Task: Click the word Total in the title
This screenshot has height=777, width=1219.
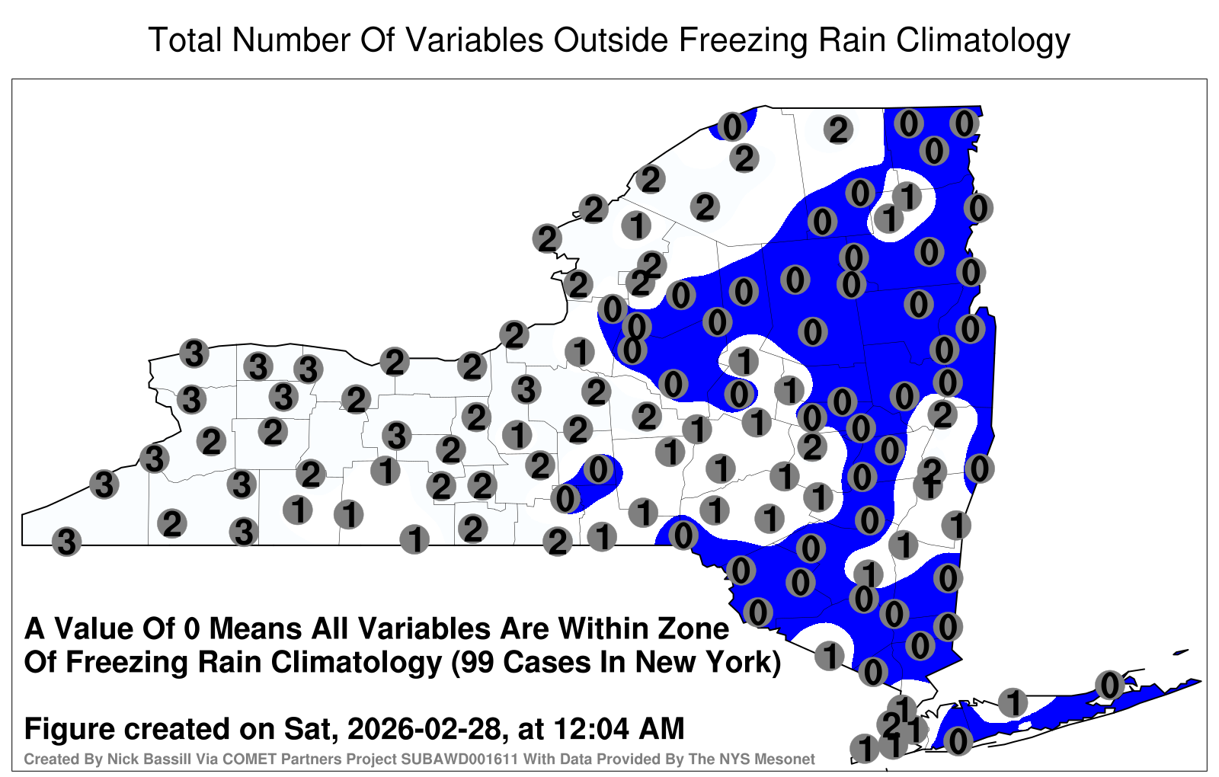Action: (x=186, y=40)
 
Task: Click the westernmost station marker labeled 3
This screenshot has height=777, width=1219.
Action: (x=66, y=542)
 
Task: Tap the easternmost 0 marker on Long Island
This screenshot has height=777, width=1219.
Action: (x=1109, y=685)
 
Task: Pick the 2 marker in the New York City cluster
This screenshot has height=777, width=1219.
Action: (x=891, y=724)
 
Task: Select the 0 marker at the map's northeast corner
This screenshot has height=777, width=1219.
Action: (x=965, y=123)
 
